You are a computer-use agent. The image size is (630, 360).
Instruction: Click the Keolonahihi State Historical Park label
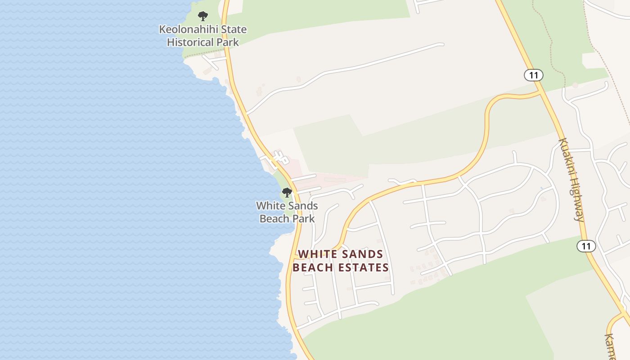pos(202,36)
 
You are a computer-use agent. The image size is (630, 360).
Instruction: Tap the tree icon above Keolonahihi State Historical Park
pos(203,17)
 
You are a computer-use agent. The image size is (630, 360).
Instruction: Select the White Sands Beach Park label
pos(287,212)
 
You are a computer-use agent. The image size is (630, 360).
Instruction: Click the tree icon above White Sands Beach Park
pos(287,193)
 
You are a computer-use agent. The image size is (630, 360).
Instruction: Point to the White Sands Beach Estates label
pos(341,261)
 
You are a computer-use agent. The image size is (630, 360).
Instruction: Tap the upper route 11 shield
pos(534,75)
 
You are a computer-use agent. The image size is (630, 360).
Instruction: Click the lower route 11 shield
pos(586,246)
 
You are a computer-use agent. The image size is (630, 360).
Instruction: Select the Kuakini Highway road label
pos(571,180)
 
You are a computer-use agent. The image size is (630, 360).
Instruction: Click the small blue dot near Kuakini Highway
pos(541,188)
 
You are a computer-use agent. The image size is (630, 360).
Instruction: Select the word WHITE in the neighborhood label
pos(317,254)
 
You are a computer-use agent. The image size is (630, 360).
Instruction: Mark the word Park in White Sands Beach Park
pos(303,219)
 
